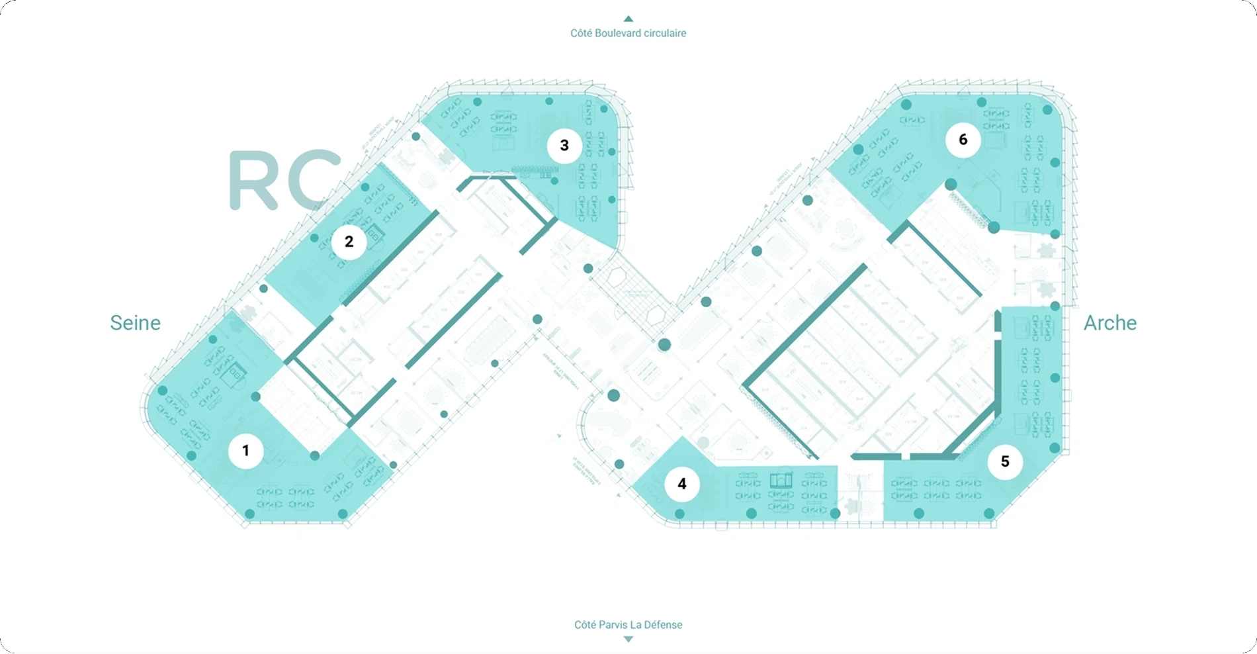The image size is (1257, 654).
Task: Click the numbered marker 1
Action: pos(245,451)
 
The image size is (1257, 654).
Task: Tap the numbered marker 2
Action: pos(349,242)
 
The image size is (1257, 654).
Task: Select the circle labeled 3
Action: pos(564,145)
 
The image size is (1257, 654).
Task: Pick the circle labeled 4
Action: pos(681,484)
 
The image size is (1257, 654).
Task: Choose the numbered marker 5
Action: pos(1005,461)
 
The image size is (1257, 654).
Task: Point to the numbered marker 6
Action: pos(963,140)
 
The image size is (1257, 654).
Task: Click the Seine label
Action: pos(135,323)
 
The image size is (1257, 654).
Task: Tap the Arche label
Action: pos(1109,323)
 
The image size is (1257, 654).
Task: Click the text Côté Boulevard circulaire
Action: pos(628,33)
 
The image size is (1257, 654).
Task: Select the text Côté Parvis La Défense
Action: pos(628,624)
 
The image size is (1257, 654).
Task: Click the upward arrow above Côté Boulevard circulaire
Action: pos(628,19)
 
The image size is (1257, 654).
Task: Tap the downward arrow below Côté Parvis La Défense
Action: pos(628,639)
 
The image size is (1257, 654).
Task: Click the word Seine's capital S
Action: pos(116,323)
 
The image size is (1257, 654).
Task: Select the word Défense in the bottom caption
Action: pos(664,624)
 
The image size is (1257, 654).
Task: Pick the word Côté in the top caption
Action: pos(581,33)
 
